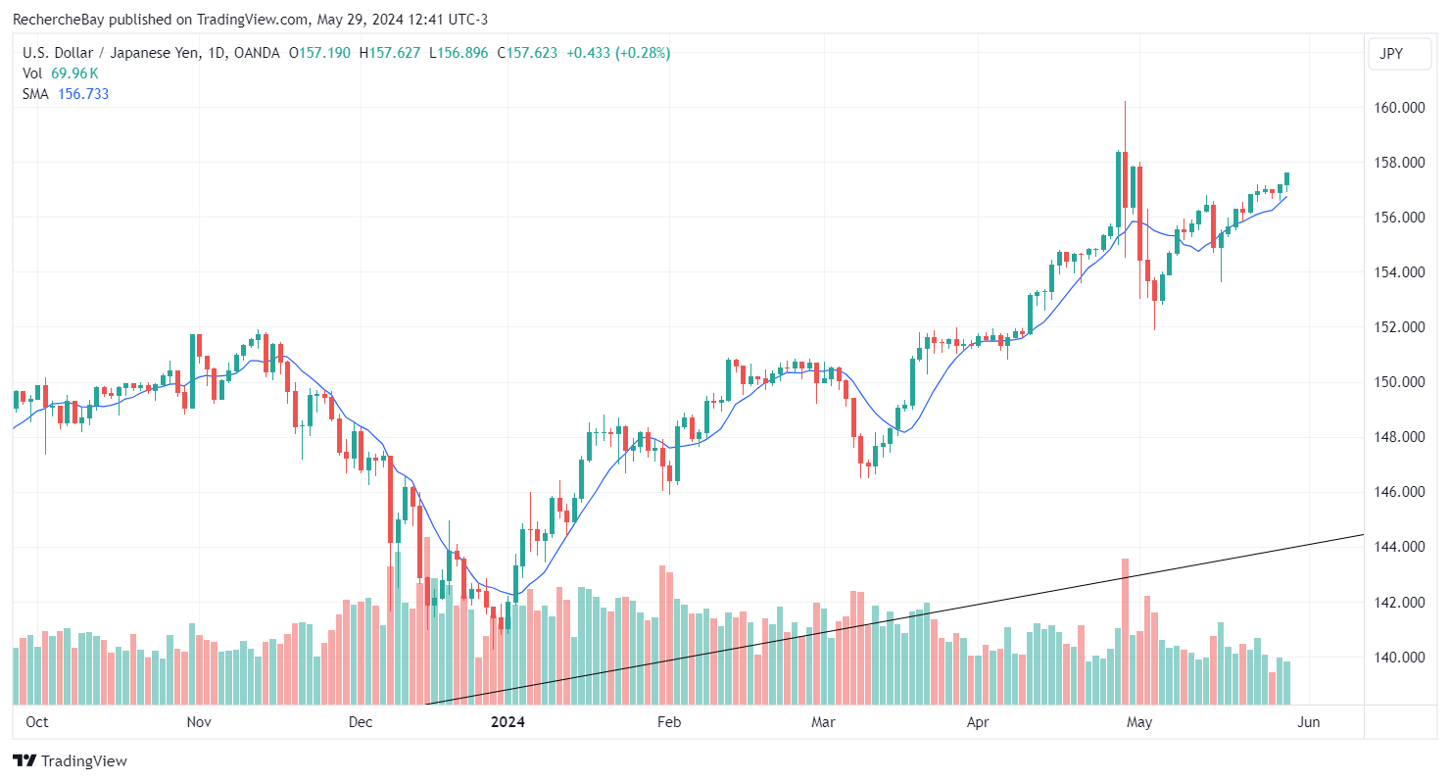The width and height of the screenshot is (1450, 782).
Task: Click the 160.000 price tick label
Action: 1398,108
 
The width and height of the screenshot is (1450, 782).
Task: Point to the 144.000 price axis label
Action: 1398,547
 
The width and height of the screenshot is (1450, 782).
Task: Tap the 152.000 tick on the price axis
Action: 1398,327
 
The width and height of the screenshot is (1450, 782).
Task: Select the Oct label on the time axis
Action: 37,722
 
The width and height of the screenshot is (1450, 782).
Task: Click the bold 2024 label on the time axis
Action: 507,722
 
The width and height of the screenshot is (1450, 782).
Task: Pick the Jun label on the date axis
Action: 1308,722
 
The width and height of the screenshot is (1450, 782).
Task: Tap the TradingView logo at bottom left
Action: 70,760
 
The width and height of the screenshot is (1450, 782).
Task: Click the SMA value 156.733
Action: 82,94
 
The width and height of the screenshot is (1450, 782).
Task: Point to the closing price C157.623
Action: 528,53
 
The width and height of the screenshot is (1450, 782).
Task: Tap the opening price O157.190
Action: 322,53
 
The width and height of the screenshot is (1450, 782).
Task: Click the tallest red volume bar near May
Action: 1125,631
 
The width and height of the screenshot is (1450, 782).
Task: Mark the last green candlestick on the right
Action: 1287,178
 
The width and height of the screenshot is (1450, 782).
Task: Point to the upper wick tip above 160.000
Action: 1125,101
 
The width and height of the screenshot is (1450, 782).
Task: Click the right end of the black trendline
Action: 1363,535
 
